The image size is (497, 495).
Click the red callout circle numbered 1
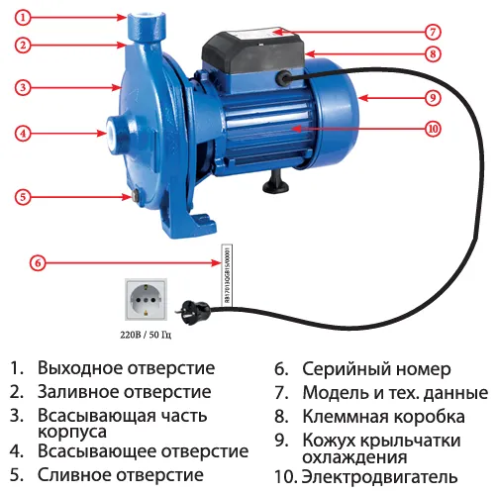pyautogui.click(x=24, y=17)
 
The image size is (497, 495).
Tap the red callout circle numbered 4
pyautogui.click(x=24, y=133)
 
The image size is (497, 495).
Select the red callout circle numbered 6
pyautogui.click(x=37, y=263)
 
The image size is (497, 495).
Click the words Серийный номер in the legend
pyautogui.click(x=375, y=368)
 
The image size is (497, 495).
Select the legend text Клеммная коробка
pyautogui.click(x=381, y=416)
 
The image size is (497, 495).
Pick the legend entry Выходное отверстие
pyautogui.click(x=126, y=368)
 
